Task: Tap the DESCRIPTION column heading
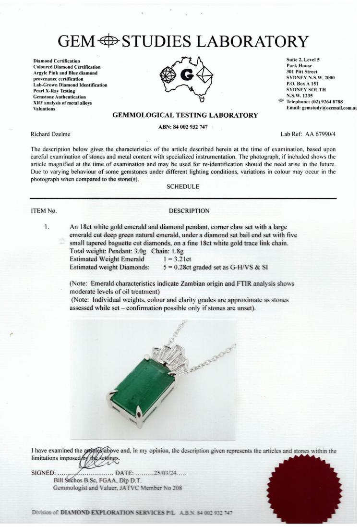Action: [190, 210]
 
